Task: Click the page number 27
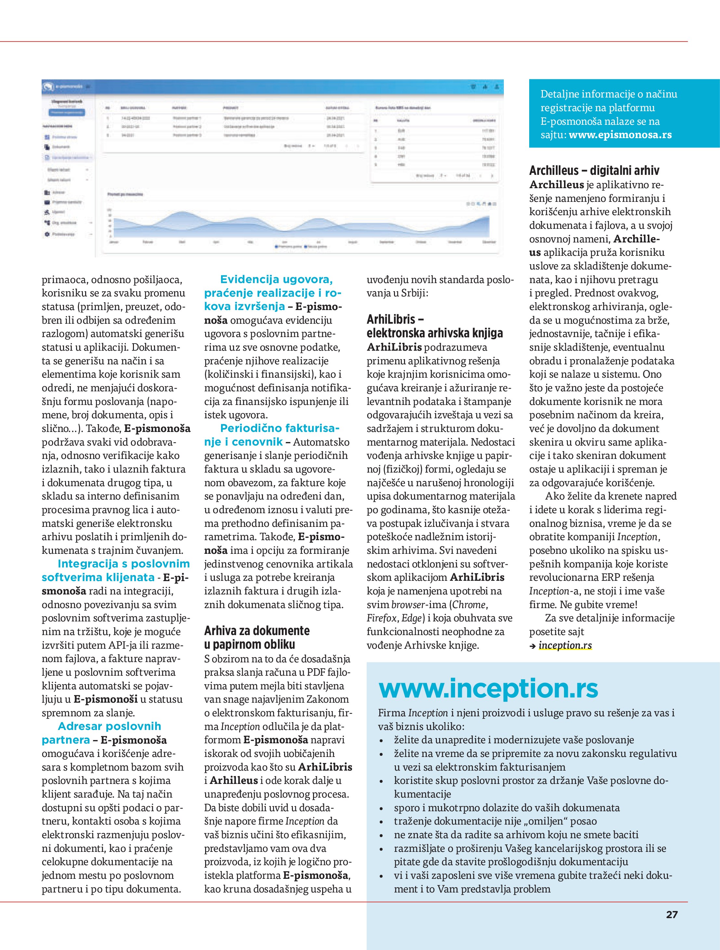click(x=672, y=914)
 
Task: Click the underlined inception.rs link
click(x=565, y=645)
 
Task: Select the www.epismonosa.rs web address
click(x=620, y=135)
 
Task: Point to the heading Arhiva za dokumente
click(x=256, y=631)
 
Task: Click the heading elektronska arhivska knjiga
click(x=434, y=333)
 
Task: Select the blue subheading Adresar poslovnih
click(x=109, y=726)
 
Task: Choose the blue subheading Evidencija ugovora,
click(x=276, y=280)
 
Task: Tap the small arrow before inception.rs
click(x=533, y=646)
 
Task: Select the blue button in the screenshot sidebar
click(x=67, y=112)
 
